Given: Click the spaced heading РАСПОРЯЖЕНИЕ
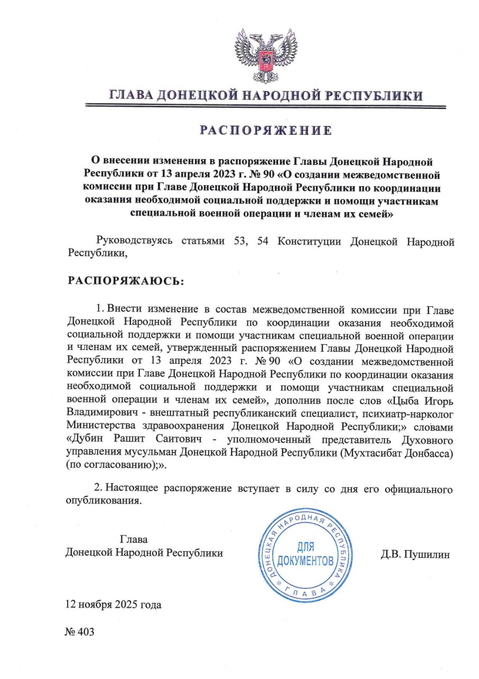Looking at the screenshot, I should [265, 130].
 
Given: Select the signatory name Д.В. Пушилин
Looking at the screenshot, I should [415, 555].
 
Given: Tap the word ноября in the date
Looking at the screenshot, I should [94, 605].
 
